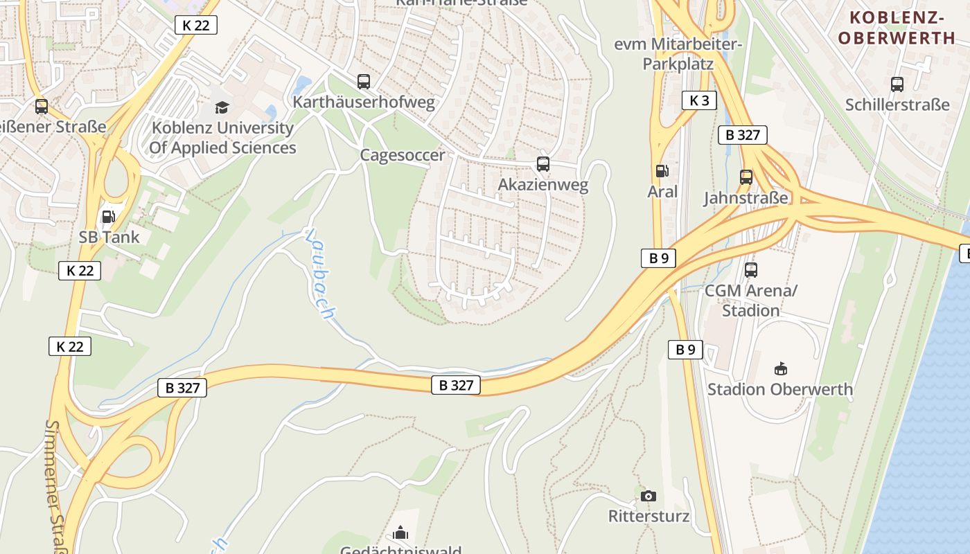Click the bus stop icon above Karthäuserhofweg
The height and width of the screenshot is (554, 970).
(x=364, y=82)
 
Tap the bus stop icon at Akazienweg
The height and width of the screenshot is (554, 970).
(x=543, y=164)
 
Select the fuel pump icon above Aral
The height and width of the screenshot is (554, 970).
(x=662, y=170)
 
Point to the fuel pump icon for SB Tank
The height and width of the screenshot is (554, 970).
(x=108, y=216)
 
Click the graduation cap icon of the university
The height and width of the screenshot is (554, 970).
(x=222, y=107)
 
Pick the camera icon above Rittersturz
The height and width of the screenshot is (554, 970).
(x=649, y=496)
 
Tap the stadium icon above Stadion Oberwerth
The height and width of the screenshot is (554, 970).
(x=781, y=368)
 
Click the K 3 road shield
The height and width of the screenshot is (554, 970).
(x=699, y=100)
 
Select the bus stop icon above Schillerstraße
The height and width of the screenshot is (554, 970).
(x=897, y=84)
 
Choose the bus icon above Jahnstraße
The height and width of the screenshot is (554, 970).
(x=746, y=177)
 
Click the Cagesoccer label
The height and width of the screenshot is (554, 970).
(x=403, y=155)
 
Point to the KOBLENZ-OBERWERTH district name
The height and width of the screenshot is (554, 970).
(x=897, y=28)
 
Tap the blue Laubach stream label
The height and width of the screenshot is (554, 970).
(x=319, y=273)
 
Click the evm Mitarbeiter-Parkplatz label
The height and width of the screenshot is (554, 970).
(x=678, y=54)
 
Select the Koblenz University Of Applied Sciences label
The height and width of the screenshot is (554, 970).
(x=222, y=138)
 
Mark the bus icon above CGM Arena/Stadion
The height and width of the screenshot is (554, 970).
(x=751, y=270)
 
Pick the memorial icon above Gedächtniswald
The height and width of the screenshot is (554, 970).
(x=400, y=533)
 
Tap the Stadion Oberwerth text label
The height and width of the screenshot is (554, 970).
(x=780, y=389)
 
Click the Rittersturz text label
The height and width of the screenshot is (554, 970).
(x=649, y=517)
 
